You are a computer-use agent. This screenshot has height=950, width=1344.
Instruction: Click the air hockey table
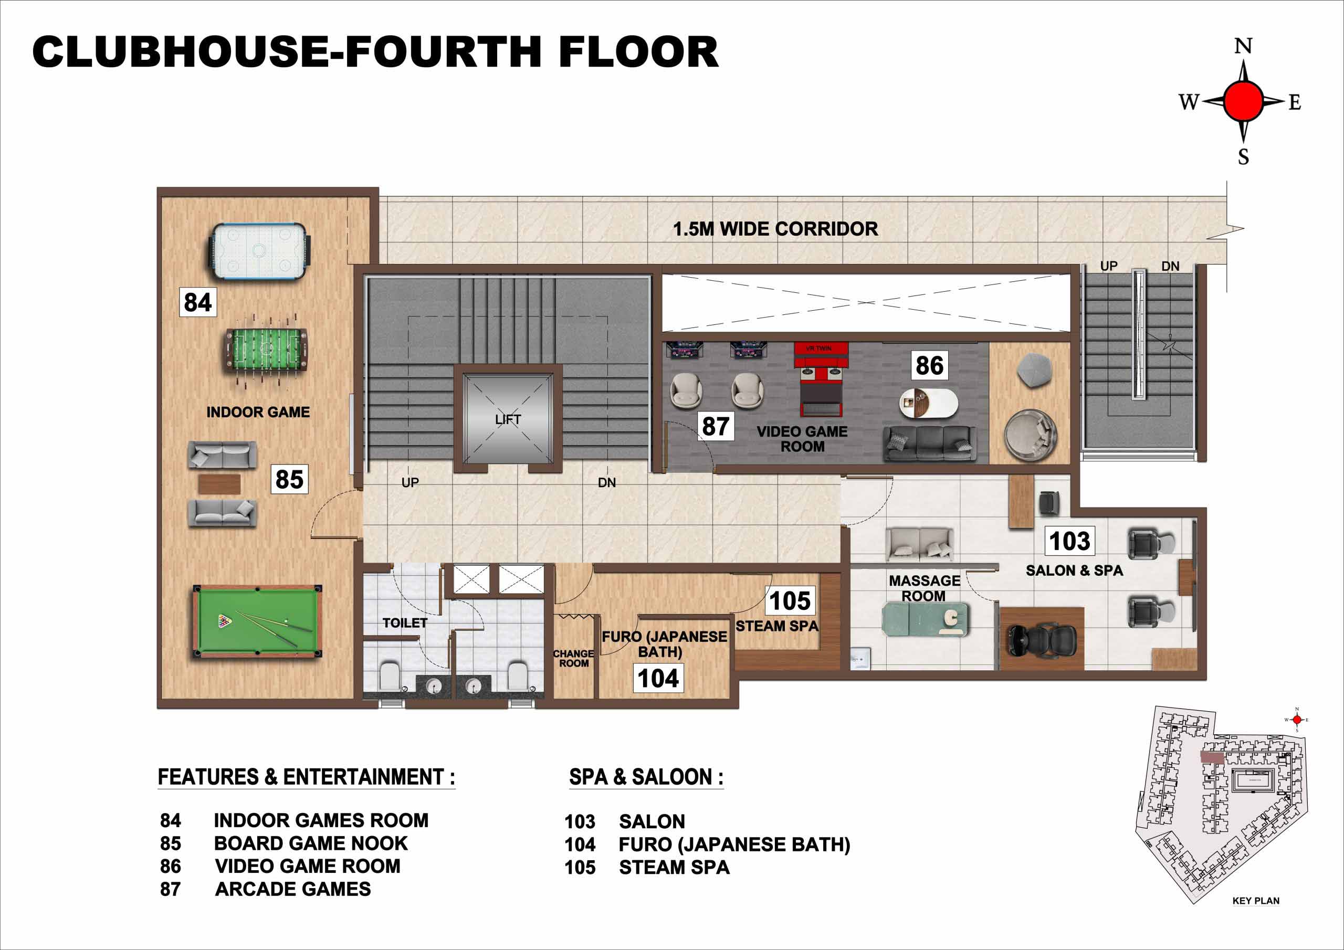pyautogui.click(x=259, y=252)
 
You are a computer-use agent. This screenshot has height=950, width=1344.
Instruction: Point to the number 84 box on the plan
pyautogui.click(x=198, y=302)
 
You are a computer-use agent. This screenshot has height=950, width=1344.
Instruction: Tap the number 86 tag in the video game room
pyautogui.click(x=930, y=365)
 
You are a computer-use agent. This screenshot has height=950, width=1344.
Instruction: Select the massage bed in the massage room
pyautogui.click(x=925, y=619)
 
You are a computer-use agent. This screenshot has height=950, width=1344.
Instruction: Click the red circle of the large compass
pyautogui.click(x=1243, y=101)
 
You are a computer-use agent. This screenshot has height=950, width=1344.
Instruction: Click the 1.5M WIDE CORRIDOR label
pyautogui.click(x=775, y=229)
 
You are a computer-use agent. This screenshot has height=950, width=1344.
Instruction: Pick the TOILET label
pyautogui.click(x=405, y=623)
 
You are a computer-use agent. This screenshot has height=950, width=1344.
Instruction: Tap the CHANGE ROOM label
pyautogui.click(x=574, y=659)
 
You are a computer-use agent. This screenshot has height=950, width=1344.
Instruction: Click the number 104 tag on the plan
pyautogui.click(x=658, y=679)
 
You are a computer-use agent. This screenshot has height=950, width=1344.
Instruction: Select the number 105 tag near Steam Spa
pyautogui.click(x=790, y=600)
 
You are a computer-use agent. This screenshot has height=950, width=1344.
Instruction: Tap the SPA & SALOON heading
pyautogui.click(x=646, y=777)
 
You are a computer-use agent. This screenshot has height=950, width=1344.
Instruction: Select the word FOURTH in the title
pyautogui.click(x=444, y=51)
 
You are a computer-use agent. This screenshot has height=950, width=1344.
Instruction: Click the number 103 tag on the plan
pyautogui.click(x=1069, y=541)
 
